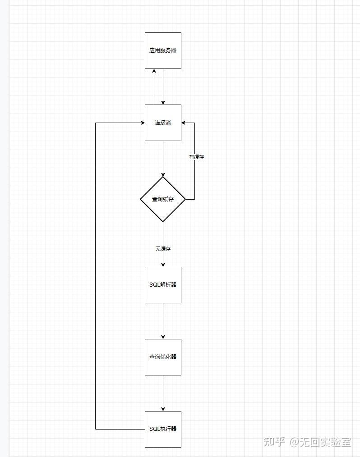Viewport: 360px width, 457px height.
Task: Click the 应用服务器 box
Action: click(x=163, y=50)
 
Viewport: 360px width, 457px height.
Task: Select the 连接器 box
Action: click(x=163, y=123)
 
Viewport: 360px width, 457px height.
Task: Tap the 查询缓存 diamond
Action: click(x=163, y=199)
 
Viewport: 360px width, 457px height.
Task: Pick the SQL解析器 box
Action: click(x=163, y=285)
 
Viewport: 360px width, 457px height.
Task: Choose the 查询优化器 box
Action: click(x=163, y=357)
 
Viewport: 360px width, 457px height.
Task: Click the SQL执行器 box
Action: click(x=163, y=429)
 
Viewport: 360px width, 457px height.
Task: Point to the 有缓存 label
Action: click(x=196, y=157)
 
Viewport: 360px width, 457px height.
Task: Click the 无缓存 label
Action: click(x=163, y=248)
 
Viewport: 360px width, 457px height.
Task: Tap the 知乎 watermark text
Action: click(x=274, y=442)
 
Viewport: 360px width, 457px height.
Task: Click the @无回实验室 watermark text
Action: click(x=320, y=442)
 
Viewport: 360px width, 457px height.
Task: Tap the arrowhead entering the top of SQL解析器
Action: click(x=163, y=264)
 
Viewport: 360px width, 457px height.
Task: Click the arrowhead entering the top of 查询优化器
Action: click(x=163, y=336)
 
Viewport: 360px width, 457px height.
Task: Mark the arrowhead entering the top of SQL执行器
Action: click(x=163, y=408)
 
